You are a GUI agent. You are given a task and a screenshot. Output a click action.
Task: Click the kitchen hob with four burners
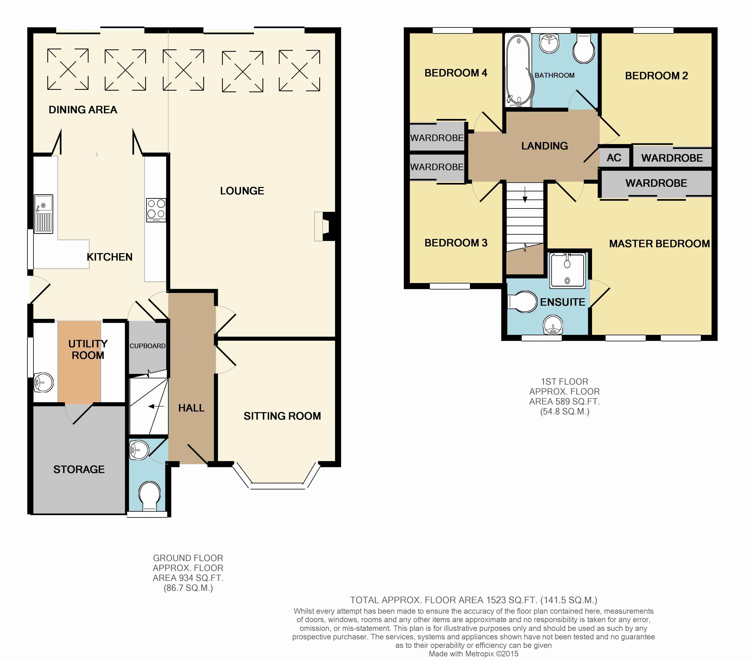click(x=156, y=210)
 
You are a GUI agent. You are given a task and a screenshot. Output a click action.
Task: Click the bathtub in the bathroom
click(x=518, y=70)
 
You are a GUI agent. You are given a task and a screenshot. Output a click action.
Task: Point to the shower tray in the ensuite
click(x=567, y=270)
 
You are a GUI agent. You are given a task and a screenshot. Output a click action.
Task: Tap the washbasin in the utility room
click(x=43, y=382)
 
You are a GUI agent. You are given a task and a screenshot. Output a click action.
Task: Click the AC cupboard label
click(x=614, y=158)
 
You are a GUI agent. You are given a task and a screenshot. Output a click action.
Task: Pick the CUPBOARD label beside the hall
click(x=147, y=346)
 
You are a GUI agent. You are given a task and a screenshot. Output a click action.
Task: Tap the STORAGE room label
click(x=79, y=469)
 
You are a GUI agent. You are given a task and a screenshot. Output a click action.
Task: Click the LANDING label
click(x=545, y=146)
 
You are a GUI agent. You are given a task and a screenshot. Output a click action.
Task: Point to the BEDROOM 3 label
click(x=456, y=243)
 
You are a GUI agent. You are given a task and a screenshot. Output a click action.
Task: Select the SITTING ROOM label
click(x=282, y=416)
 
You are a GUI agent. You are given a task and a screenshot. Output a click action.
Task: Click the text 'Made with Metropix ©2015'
click(x=473, y=654)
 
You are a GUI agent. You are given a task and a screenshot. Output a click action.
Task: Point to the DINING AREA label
click(x=83, y=110)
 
